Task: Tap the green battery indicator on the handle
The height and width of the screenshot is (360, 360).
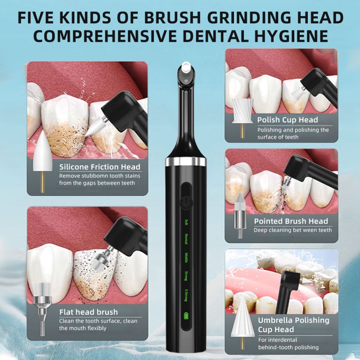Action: [185, 315]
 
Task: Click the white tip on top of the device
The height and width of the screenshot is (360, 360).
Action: [185, 69]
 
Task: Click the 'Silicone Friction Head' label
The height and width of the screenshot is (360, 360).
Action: [100, 167]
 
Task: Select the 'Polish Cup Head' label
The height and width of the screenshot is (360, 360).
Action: [288, 120]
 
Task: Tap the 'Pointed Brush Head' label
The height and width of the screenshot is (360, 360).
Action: [291, 221]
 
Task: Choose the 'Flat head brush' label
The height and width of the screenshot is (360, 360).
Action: [89, 312]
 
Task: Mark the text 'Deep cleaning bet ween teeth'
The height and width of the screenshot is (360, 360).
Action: [293, 230]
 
